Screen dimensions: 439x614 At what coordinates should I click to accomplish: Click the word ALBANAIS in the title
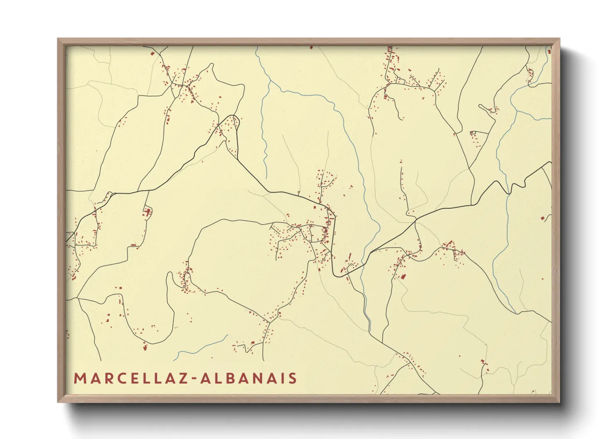[249, 378]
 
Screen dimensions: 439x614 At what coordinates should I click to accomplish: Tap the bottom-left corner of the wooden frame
[58, 401]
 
